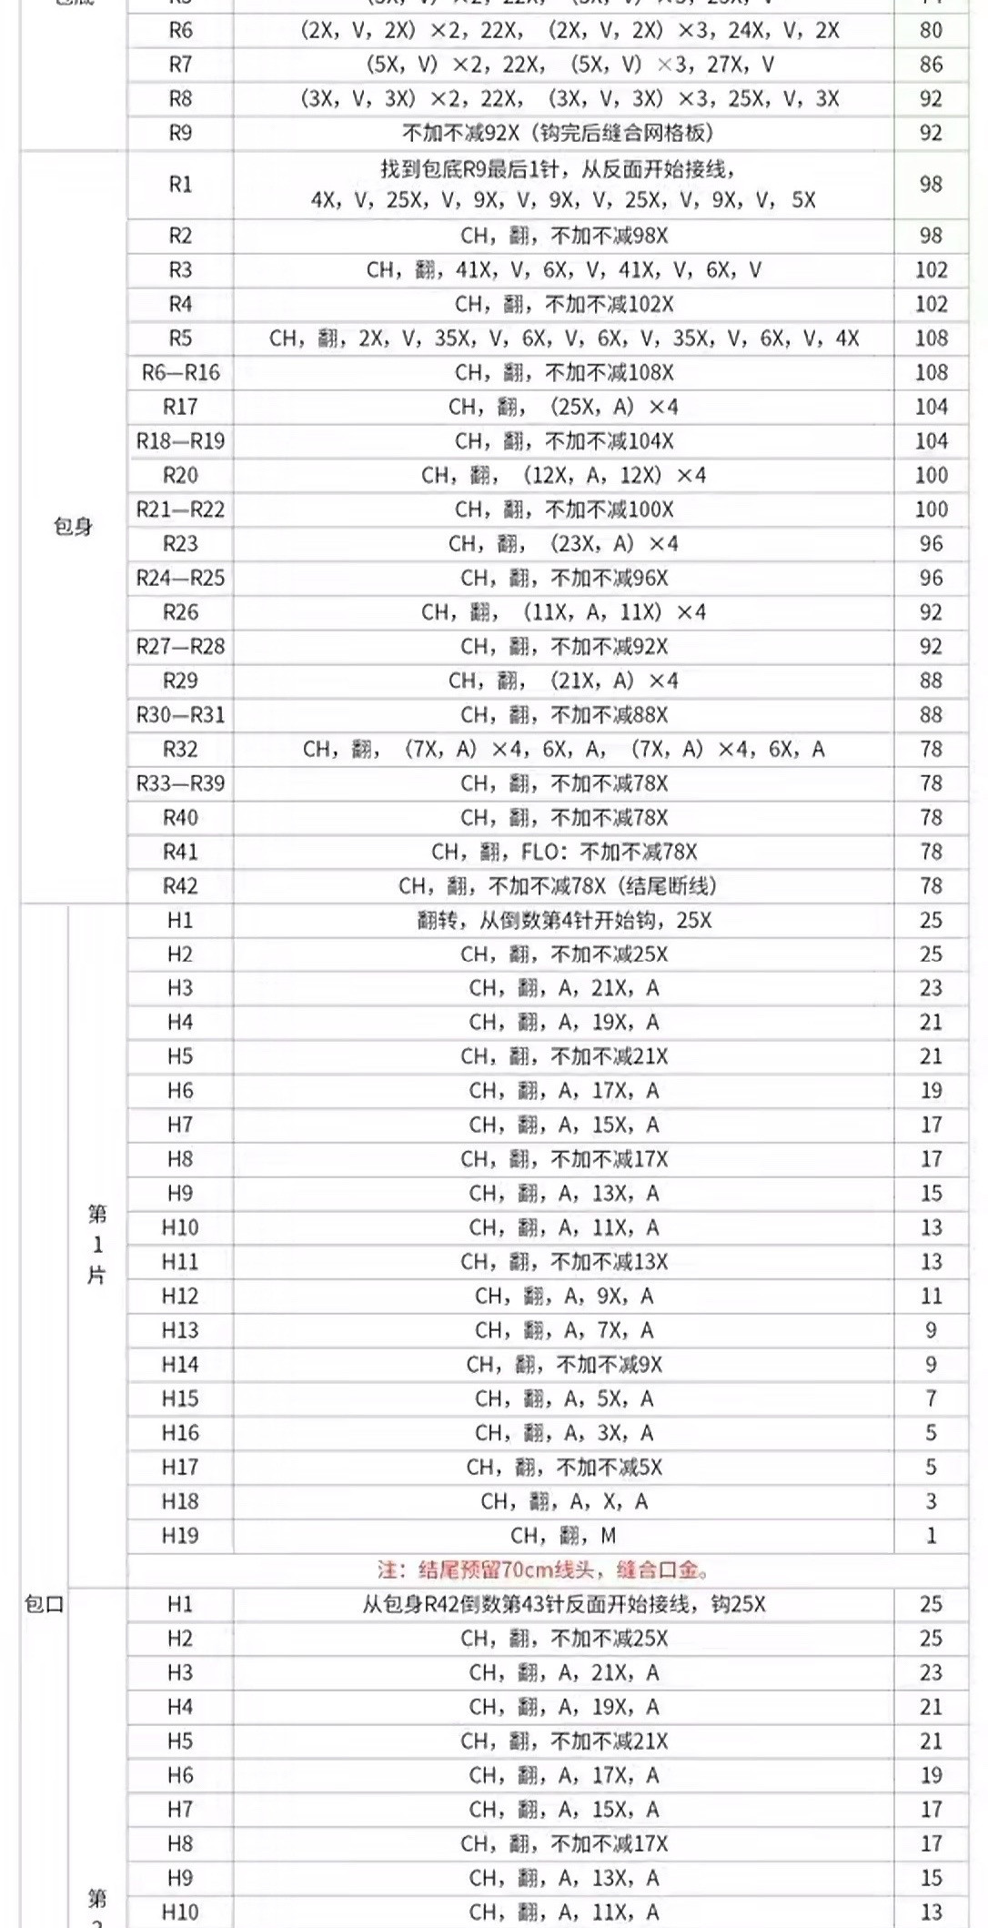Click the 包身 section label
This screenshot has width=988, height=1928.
pyautogui.click(x=73, y=527)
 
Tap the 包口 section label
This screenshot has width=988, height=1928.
pyautogui.click(x=44, y=1604)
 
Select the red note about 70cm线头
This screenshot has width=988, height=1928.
pyautogui.click(x=544, y=1570)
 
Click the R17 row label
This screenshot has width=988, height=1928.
pyautogui.click(x=180, y=407)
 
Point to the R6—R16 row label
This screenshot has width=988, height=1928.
pyautogui.click(x=180, y=372)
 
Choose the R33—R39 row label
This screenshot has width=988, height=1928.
pyautogui.click(x=180, y=783)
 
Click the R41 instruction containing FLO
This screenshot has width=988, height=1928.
pyautogui.click(x=564, y=852)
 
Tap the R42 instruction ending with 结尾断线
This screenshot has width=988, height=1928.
pyautogui.click(x=557, y=885)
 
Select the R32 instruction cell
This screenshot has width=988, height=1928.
pyautogui.click(x=564, y=749)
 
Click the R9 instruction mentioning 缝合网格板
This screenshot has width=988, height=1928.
pyautogui.click(x=557, y=133)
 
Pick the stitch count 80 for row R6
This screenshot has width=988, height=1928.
pyautogui.click(x=931, y=30)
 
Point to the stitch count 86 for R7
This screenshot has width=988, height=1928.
pyautogui.click(x=931, y=65)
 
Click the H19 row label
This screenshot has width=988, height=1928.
pyautogui.click(x=180, y=1536)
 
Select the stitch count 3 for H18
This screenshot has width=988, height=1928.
pyautogui.click(x=931, y=1501)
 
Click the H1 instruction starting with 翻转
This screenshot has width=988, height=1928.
pyautogui.click(x=564, y=920)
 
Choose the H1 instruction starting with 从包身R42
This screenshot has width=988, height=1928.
pyautogui.click(x=564, y=1604)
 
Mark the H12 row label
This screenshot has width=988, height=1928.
pyautogui.click(x=180, y=1296)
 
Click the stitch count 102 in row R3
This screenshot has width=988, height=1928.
pyautogui.click(x=931, y=270)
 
